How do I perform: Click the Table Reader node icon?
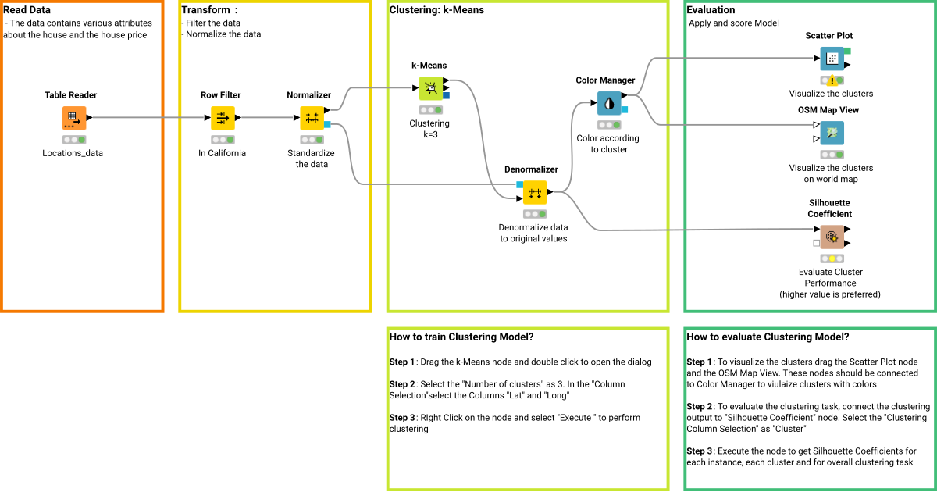click(74, 118)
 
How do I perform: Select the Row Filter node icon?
click(223, 118)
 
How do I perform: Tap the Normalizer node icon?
click(312, 118)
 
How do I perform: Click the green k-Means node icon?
click(430, 88)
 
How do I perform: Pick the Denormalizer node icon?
click(535, 192)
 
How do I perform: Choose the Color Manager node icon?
click(609, 103)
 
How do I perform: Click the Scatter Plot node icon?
click(832, 59)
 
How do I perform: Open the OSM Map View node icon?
click(832, 133)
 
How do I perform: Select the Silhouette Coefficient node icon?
click(832, 237)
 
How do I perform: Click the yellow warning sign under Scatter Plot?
click(832, 80)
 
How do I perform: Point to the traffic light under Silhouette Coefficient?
click(832, 258)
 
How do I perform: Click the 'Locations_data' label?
click(73, 153)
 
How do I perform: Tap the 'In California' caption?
click(222, 153)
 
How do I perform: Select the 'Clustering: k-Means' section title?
click(436, 9)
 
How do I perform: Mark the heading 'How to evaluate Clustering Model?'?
click(768, 337)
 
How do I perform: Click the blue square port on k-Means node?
click(446, 95)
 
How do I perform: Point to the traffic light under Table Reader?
click(74, 140)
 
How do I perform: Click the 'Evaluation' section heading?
click(711, 9)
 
